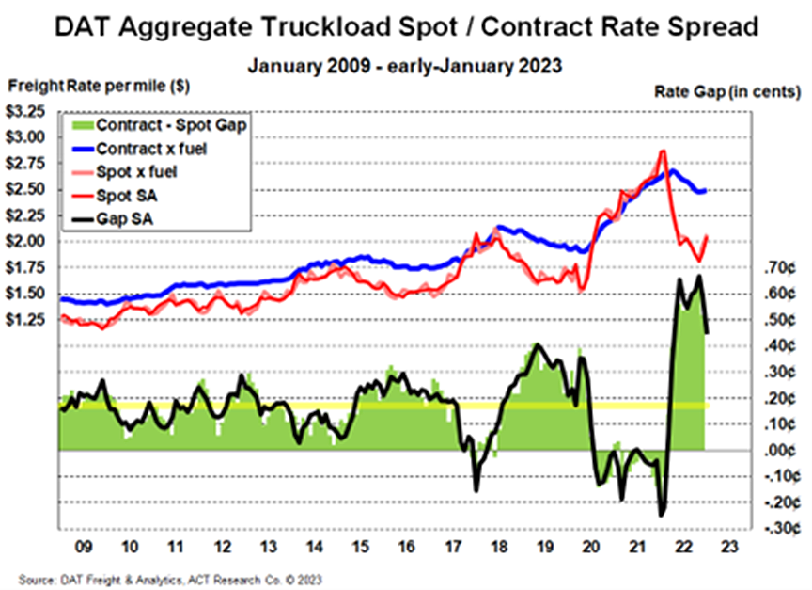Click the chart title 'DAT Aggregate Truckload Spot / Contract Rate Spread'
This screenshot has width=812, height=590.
pos(405,26)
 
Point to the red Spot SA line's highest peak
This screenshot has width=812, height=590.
pos(663,151)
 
